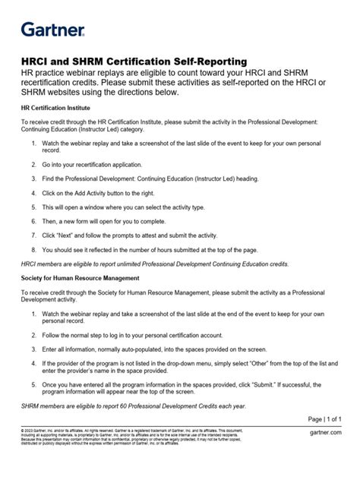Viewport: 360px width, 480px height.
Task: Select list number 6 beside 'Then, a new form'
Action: point(34,220)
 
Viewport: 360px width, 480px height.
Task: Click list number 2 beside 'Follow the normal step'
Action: point(34,334)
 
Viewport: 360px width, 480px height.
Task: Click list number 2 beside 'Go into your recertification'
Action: point(34,165)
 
